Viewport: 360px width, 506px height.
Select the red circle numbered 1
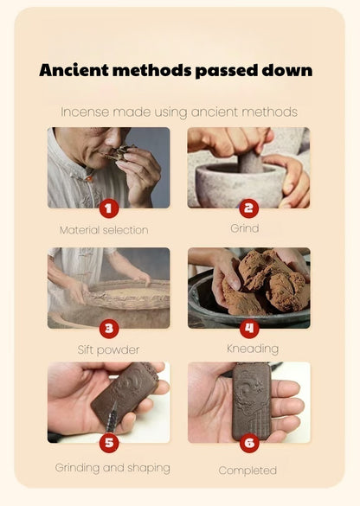pyautogui.click(x=109, y=208)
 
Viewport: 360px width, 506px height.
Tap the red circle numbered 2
pyautogui.click(x=249, y=208)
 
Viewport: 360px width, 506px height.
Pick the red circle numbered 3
pyautogui.click(x=109, y=329)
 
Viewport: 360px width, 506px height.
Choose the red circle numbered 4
pyautogui.click(x=249, y=329)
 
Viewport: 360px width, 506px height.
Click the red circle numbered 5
pyautogui.click(x=109, y=443)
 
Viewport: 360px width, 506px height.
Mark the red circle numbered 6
pyautogui.click(x=249, y=443)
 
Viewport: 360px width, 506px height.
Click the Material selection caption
pyautogui.click(x=104, y=230)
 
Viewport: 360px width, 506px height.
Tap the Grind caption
pyautogui.click(x=244, y=228)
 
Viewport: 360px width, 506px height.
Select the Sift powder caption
pyautogui.click(x=108, y=349)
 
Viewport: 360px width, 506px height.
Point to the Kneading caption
pyautogui.click(x=253, y=349)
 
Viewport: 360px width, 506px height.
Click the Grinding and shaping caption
pyautogui.click(x=112, y=468)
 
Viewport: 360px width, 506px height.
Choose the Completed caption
pyautogui.click(x=247, y=471)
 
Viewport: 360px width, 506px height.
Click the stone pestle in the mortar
pyautogui.click(x=251, y=162)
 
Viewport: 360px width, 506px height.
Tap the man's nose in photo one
pyautogui.click(x=112, y=139)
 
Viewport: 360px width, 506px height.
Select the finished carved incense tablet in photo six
pyautogui.click(x=252, y=400)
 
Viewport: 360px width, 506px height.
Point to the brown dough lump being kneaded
pyautogui.click(x=265, y=284)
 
